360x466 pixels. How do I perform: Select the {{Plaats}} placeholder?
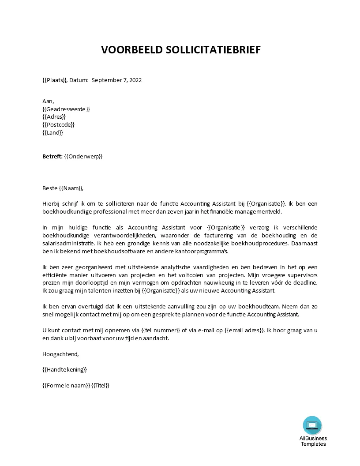point(55,80)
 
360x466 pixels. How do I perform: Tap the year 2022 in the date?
point(134,80)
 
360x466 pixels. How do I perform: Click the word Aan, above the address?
point(48,101)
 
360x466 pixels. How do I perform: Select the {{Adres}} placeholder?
point(54,117)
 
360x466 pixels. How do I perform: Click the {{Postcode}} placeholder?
point(58,125)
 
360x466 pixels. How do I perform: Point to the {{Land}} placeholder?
point(52,132)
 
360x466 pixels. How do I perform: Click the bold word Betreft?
point(52,156)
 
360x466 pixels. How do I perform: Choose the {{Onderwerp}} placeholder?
point(83,156)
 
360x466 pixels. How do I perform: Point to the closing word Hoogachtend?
point(60,354)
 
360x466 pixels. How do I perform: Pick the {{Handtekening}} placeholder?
point(64,369)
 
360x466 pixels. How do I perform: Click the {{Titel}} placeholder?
point(100,385)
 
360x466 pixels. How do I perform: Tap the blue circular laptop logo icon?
point(312,425)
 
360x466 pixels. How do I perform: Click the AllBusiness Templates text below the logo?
point(313,441)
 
